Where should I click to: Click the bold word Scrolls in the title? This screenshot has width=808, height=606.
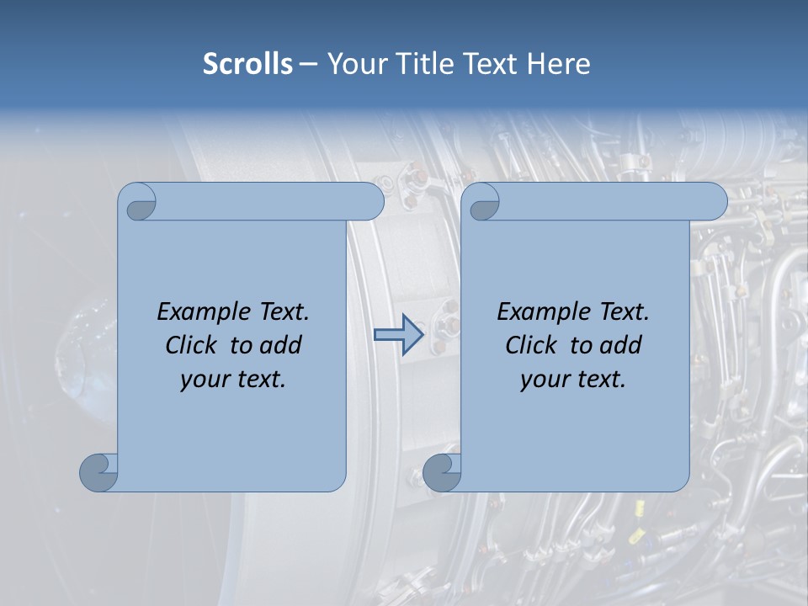(x=247, y=64)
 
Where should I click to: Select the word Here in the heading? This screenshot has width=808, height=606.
(x=558, y=64)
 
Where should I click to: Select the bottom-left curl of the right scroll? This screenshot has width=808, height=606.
(x=442, y=472)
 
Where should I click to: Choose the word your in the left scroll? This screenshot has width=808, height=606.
(x=203, y=380)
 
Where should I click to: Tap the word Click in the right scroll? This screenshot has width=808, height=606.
(x=531, y=345)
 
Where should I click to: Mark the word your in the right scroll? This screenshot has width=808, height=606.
(x=543, y=380)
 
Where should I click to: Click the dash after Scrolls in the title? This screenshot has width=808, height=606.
(x=309, y=65)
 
